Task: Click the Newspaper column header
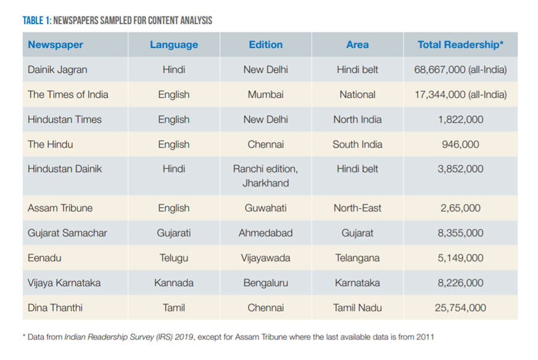click(x=56, y=45)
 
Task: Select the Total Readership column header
click(x=461, y=45)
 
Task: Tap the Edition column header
click(x=266, y=45)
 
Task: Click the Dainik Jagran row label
click(x=57, y=70)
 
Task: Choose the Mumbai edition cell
click(x=266, y=95)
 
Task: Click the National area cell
click(x=357, y=95)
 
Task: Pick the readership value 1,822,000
click(x=460, y=120)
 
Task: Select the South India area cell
click(x=357, y=144)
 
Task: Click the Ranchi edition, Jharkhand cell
click(x=265, y=176)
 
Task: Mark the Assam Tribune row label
click(x=60, y=208)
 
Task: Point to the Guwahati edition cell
click(x=266, y=208)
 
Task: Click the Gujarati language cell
click(x=174, y=233)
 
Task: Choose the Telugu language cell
click(x=174, y=258)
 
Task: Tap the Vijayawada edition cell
click(x=266, y=258)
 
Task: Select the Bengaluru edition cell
click(x=266, y=283)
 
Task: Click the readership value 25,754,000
click(x=460, y=308)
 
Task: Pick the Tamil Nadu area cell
click(x=357, y=308)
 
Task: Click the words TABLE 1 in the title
click(x=36, y=21)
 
